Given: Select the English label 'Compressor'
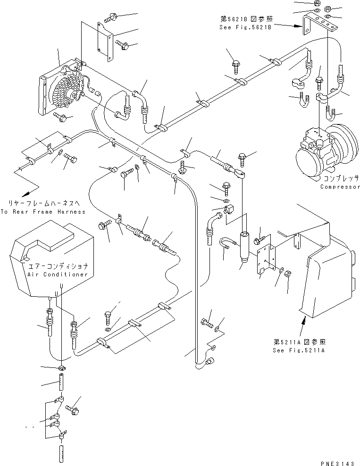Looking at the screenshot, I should click(x=339, y=187).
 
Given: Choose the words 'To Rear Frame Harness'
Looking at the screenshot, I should click(x=43, y=212).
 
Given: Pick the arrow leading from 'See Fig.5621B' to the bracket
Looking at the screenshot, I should click(x=288, y=26).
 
